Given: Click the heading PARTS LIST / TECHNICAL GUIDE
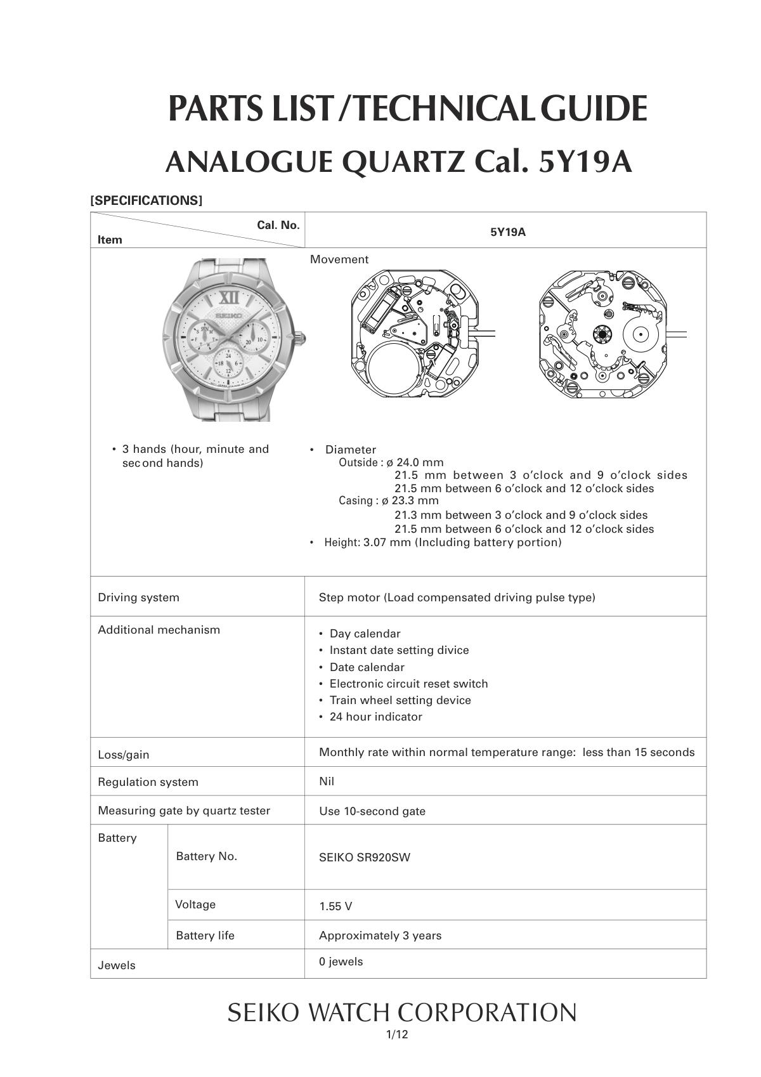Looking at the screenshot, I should [x=407, y=108].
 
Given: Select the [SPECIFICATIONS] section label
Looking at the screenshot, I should [x=146, y=200].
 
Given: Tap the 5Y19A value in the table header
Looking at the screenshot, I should [x=507, y=232].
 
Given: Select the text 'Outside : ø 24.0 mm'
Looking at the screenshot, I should [x=391, y=462].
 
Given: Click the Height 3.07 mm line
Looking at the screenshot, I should [x=443, y=542].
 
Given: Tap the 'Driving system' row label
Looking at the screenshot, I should [x=138, y=597].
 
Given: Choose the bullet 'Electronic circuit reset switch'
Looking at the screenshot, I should [x=408, y=684].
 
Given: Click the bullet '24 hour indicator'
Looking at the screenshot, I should [x=375, y=717].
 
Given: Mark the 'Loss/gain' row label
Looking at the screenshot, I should [x=124, y=755].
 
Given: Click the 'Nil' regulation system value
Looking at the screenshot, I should [x=327, y=781].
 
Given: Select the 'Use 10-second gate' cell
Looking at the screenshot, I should [x=372, y=811].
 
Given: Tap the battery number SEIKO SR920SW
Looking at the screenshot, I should [x=365, y=858].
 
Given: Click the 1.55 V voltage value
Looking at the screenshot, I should [x=335, y=906].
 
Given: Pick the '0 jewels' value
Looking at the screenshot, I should [x=341, y=962].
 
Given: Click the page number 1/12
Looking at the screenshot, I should [x=397, y=1035].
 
